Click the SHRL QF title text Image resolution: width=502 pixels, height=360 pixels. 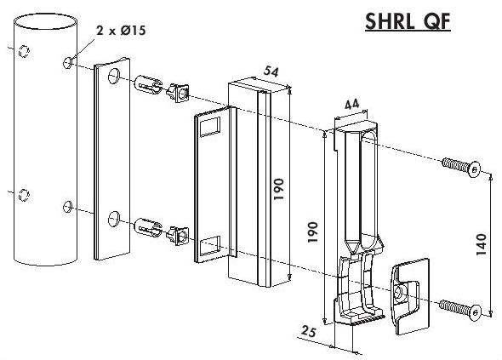[408, 22]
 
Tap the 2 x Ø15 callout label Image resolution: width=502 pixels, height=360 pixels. [122, 31]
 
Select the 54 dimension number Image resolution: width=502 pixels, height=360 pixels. [271, 71]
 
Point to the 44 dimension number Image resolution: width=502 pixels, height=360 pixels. [351, 105]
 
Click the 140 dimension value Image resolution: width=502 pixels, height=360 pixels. [482, 245]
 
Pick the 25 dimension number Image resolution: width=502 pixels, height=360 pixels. [309, 332]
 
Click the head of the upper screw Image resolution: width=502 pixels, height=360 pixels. [474, 169]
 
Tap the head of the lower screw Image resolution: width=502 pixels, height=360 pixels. [475, 311]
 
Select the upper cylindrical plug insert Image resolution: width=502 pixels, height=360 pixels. [147, 84]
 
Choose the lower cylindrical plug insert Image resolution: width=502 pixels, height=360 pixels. [147, 227]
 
